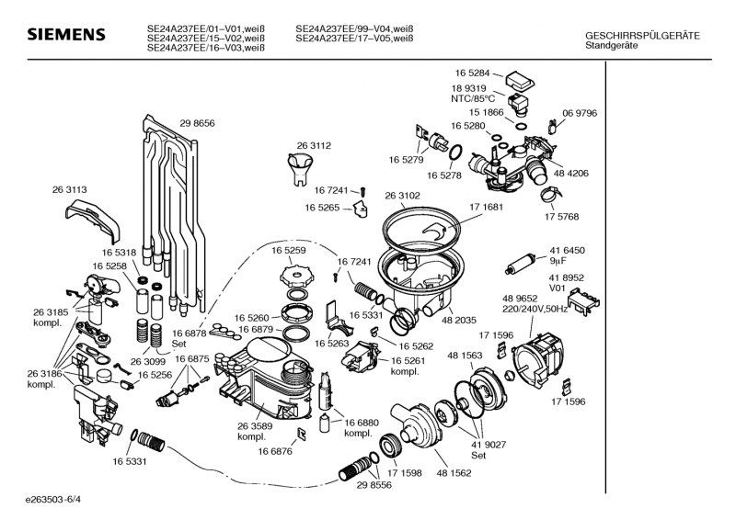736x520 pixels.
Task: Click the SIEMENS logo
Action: pos(65,35)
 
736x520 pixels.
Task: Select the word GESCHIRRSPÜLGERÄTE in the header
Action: pos(642,35)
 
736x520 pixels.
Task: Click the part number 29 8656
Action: pos(197,123)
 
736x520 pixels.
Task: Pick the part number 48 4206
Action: pos(571,173)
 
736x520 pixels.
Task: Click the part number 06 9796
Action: pos(580,112)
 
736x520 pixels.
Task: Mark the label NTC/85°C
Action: pos(472,98)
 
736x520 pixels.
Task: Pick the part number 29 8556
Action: pos(374,484)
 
